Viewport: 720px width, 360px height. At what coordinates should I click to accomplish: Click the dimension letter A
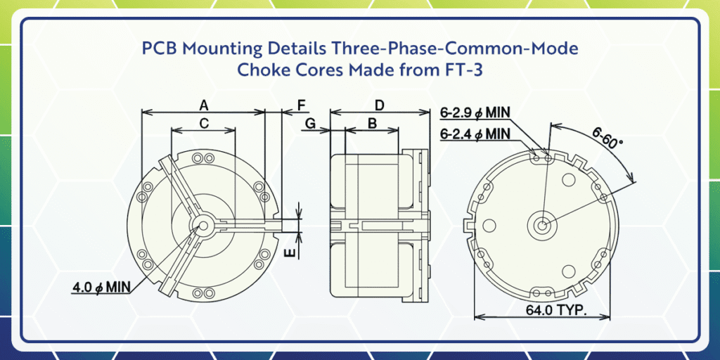coord(204,105)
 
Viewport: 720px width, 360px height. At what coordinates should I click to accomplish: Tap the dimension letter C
coord(204,123)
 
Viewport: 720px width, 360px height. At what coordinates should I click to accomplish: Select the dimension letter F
coord(301,105)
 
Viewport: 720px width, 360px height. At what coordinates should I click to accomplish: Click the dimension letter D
coord(380,105)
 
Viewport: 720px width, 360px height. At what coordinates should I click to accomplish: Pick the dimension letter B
coord(373,123)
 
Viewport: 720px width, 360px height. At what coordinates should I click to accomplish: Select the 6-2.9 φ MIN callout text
coord(476,112)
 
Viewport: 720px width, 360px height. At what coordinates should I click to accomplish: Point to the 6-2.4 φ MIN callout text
coord(476,134)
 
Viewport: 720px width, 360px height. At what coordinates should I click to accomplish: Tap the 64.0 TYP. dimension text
coord(556,310)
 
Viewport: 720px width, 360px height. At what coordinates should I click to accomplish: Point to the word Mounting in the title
coord(218,49)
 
